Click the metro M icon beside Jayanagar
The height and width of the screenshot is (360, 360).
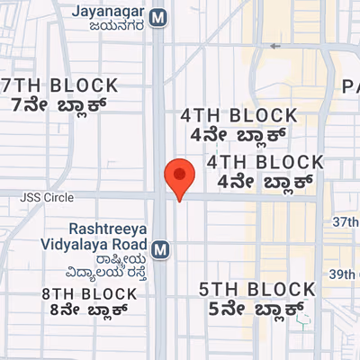158,17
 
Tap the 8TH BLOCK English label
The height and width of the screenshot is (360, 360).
84,293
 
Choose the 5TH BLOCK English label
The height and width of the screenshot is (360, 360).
257,289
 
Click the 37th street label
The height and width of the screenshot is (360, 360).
345,221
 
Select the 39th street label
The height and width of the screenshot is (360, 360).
345,274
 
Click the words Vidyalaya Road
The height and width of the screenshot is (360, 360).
95,244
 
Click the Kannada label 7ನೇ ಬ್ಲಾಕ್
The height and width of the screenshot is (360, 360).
59,104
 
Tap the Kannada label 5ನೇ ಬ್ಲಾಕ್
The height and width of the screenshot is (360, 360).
257,309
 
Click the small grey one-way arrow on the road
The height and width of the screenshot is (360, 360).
274,45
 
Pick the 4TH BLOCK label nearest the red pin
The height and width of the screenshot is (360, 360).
265,162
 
